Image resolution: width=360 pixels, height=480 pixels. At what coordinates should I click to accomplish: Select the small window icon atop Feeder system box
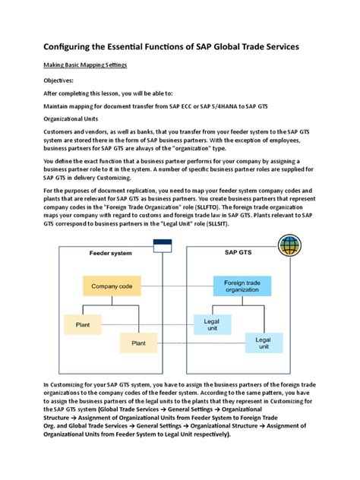point(162,246)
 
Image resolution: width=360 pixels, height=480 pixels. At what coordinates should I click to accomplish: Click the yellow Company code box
point(112,286)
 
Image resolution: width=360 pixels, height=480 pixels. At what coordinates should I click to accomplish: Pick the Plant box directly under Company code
point(82,324)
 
